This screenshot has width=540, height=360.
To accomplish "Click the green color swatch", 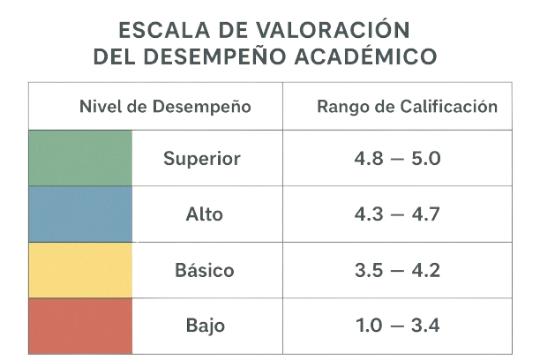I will point(80,159).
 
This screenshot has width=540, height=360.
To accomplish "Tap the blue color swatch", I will point(80,214).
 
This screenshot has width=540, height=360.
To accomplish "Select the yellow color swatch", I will point(80,270).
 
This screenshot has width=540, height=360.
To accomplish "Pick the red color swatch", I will point(80,325).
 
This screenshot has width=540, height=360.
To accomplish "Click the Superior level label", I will point(201,159).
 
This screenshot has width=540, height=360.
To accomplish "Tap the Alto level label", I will point(205,214).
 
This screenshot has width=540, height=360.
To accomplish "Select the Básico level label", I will point(205,270).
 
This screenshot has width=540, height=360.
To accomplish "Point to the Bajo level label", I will point(205,325).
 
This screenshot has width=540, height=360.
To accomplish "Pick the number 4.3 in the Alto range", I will point(371,214).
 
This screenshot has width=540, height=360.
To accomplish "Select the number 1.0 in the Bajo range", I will point(371,325).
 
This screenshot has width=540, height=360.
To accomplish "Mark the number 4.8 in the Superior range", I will point(371,159).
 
